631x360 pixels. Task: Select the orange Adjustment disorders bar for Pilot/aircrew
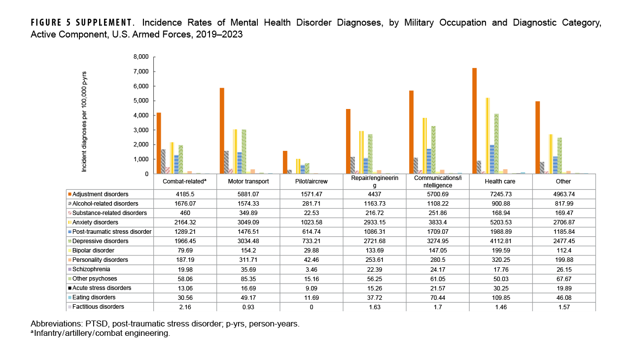pos(285,162)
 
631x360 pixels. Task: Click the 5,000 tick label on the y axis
pos(140,101)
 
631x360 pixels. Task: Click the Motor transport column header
pos(248,181)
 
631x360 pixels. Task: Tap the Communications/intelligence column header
pos(438,181)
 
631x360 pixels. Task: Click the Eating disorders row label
pos(94,297)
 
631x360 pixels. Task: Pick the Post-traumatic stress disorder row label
pos(110,232)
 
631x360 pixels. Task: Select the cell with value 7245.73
pos(500,194)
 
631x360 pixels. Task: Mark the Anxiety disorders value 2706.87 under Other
pos(563,222)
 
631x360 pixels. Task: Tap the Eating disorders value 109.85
pos(500,297)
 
